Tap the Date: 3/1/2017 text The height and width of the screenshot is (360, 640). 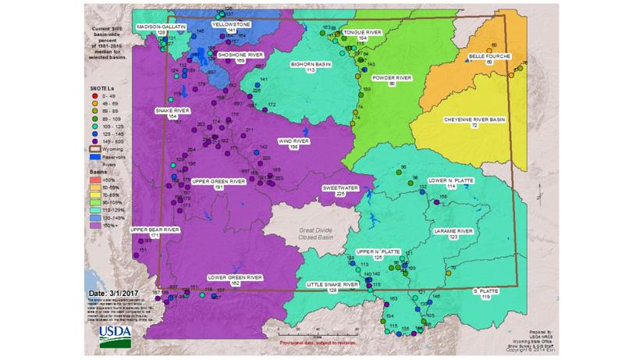(116, 293)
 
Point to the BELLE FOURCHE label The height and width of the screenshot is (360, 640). (489, 59)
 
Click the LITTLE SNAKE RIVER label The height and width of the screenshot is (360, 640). (332, 287)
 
